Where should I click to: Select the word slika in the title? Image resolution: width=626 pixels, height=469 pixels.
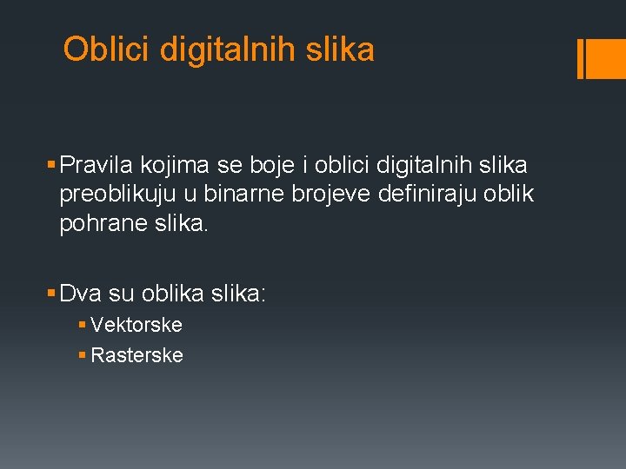(341, 50)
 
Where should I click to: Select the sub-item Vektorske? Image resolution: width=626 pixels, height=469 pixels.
(137, 326)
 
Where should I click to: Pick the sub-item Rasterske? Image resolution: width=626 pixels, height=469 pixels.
(137, 355)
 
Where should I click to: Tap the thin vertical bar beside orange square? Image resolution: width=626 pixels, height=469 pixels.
(581, 59)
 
